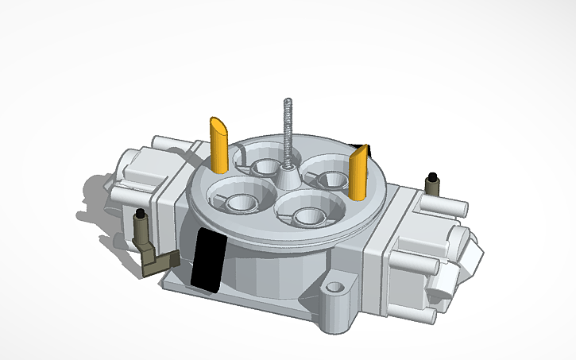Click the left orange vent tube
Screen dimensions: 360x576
219,145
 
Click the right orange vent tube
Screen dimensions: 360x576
358,175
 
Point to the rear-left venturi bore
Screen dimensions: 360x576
264,168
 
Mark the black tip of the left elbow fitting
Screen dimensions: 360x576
141,215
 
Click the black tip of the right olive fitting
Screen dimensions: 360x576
432,176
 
